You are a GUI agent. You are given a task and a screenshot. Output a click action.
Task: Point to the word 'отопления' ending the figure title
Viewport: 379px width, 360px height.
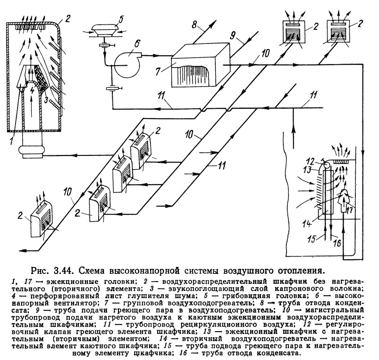tap(299, 271)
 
